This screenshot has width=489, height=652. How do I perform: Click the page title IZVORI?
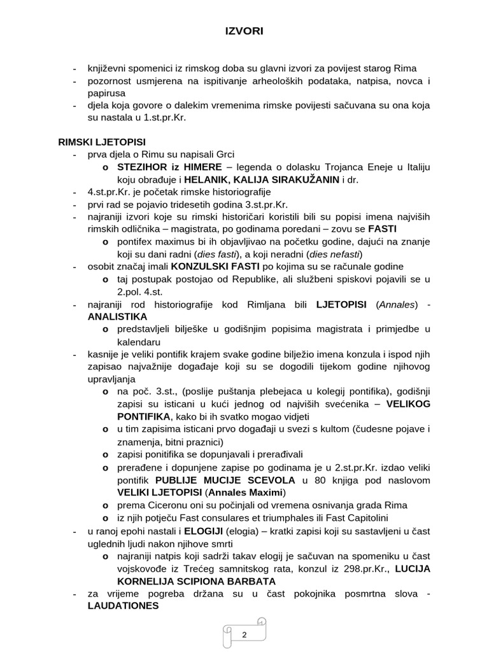coord(244,31)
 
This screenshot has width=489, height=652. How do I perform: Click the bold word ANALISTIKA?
coord(118,316)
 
